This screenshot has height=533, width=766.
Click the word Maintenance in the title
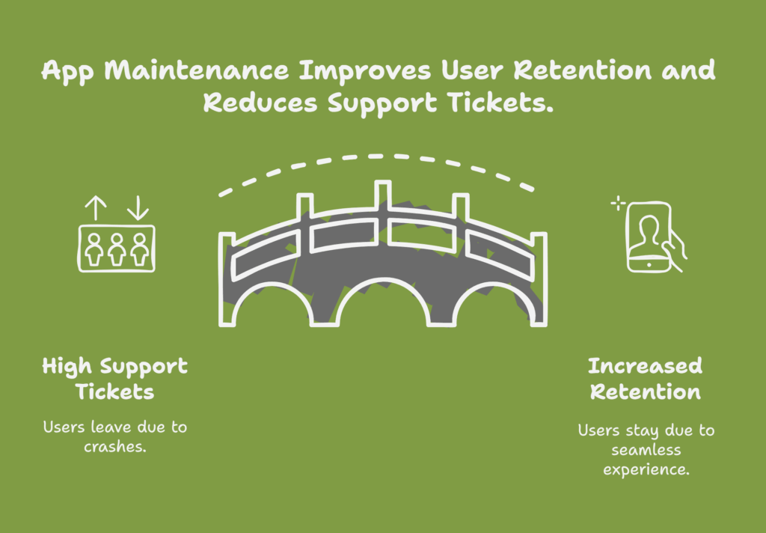pyautogui.click(x=197, y=70)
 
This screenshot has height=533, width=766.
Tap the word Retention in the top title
pyautogui.click(x=582, y=70)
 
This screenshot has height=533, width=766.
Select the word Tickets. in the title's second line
pyautogui.click(x=500, y=103)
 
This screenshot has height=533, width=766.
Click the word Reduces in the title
pyautogui.click(x=260, y=103)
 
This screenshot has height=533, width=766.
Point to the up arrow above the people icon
pyautogui.click(x=96, y=208)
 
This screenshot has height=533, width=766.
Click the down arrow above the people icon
pyautogui.click(x=138, y=208)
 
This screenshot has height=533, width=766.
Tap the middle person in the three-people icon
pyautogui.click(x=117, y=249)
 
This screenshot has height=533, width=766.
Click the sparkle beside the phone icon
pyautogui.click(x=618, y=203)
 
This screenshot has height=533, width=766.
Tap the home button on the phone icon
pyautogui.click(x=649, y=264)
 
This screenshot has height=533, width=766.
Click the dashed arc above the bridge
pyautogui.click(x=376, y=156)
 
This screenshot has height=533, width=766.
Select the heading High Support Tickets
pyautogui.click(x=114, y=380)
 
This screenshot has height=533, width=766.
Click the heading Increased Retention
pyautogui.click(x=646, y=380)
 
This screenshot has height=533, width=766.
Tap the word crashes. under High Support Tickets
pyautogui.click(x=114, y=446)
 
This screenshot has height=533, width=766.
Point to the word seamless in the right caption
pyautogui.click(x=646, y=450)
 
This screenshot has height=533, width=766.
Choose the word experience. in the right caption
pyautogui.click(x=646, y=470)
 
